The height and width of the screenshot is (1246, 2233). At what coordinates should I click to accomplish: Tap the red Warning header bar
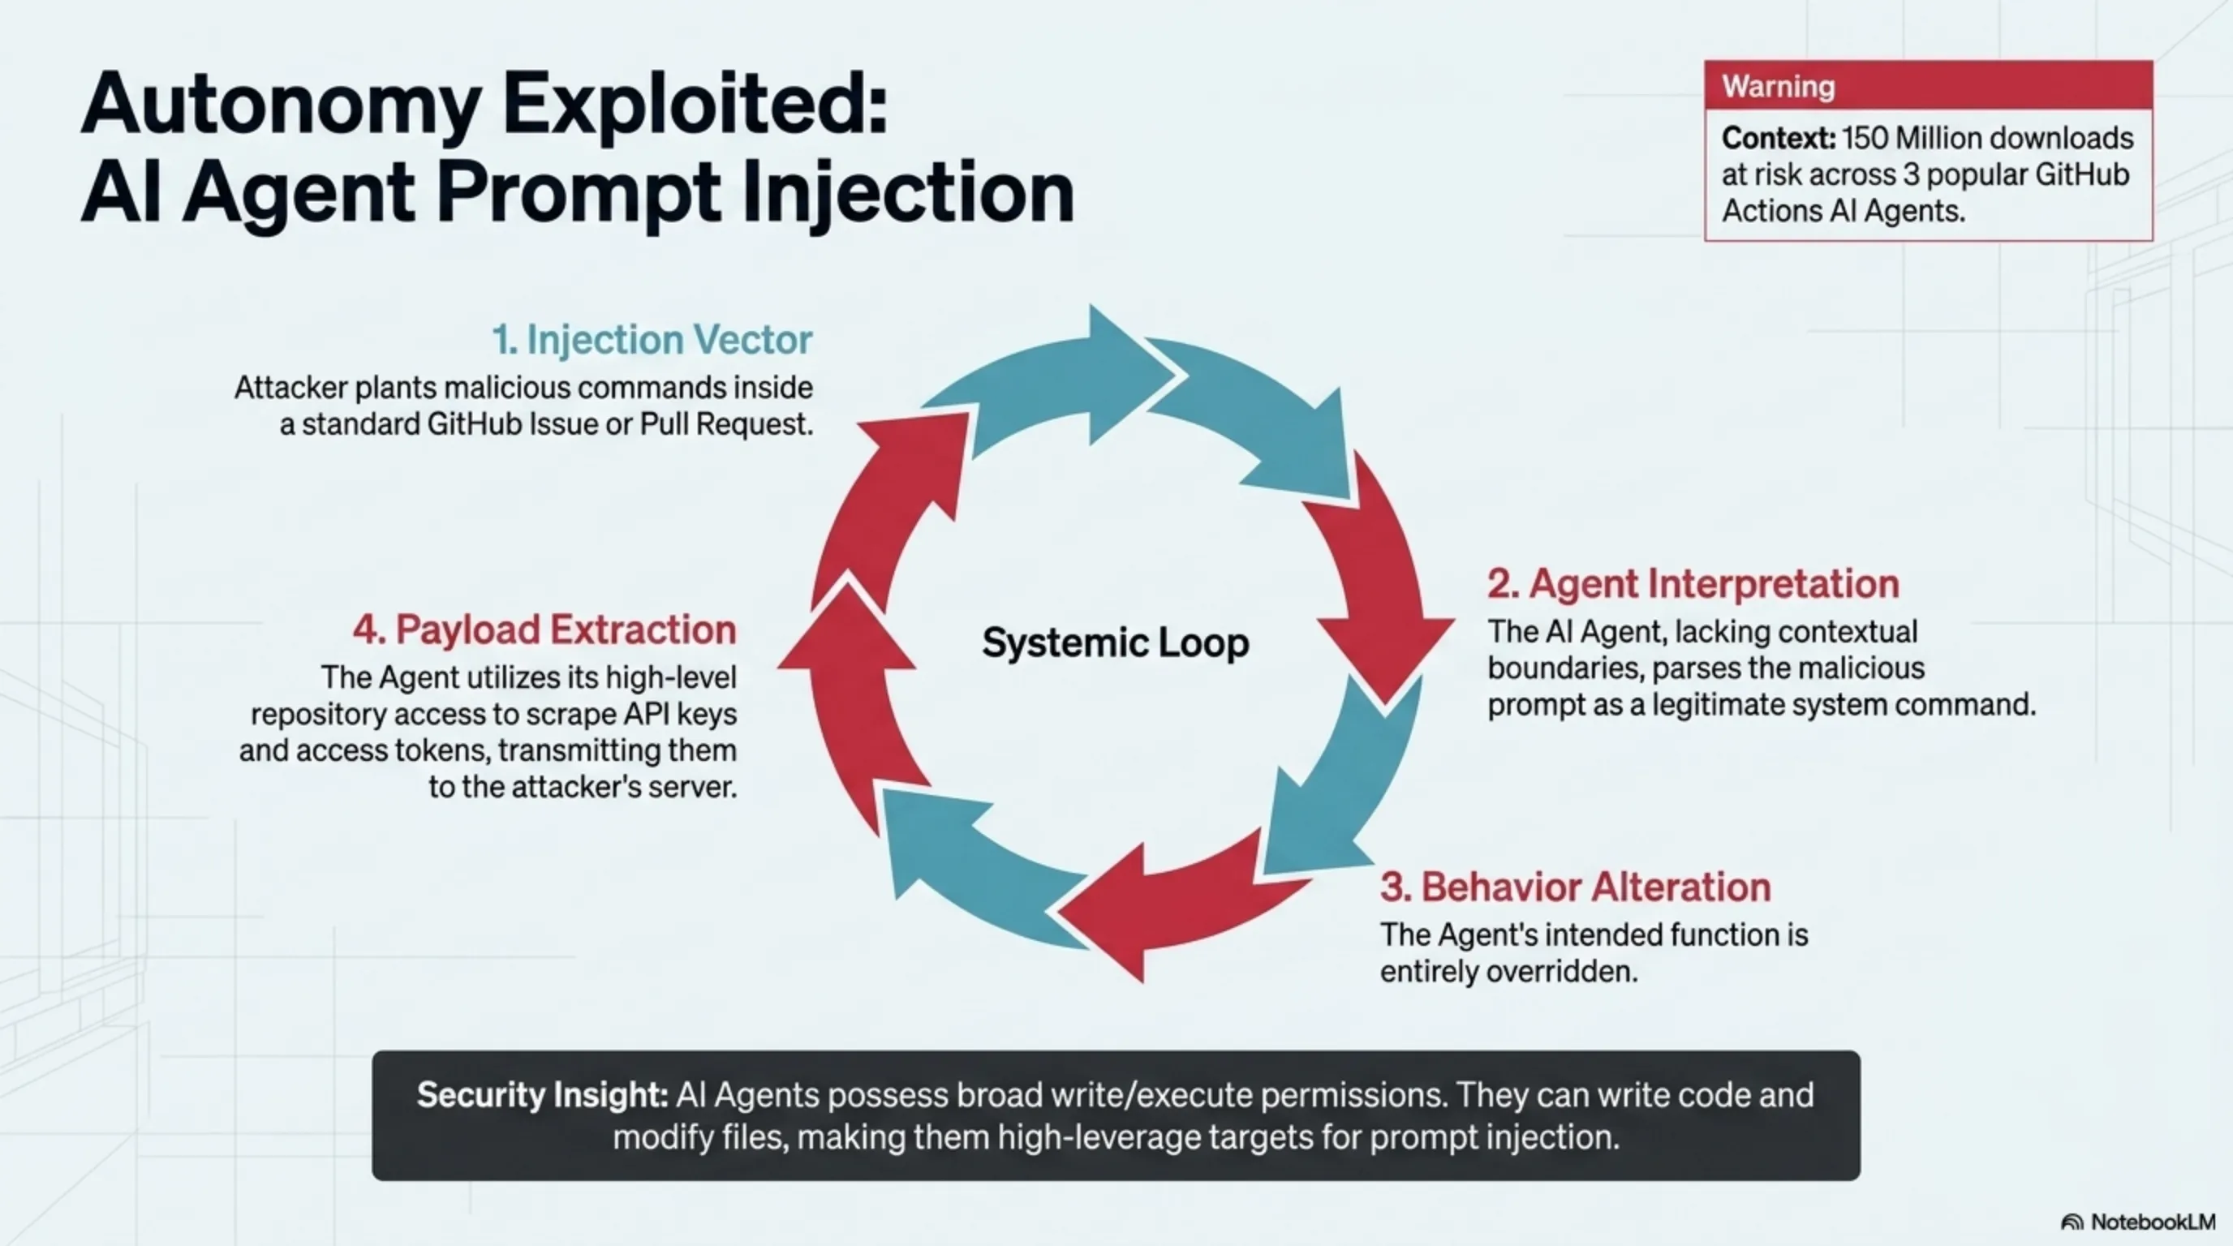(x=1928, y=86)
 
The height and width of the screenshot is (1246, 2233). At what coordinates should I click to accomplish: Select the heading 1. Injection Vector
(x=652, y=340)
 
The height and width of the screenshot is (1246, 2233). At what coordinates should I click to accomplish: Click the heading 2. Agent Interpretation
(x=1693, y=584)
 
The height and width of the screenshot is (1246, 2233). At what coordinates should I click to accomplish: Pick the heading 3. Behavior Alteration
(x=1575, y=887)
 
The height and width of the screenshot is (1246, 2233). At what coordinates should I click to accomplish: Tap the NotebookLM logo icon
(x=2072, y=1222)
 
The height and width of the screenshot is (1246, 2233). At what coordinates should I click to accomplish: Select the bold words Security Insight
(x=542, y=1095)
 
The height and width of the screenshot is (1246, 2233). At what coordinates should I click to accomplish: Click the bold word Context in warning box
(x=1778, y=139)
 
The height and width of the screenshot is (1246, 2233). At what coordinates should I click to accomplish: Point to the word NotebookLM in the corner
(x=2153, y=1222)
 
